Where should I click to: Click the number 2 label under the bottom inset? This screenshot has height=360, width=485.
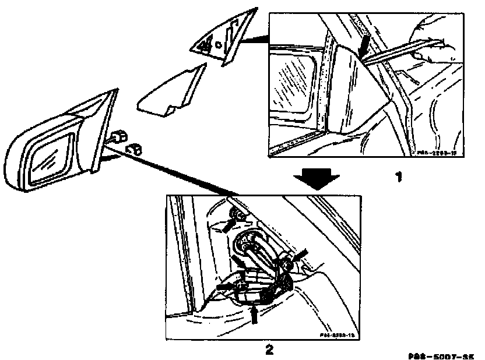269,350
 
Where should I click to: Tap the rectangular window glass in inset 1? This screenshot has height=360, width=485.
296,87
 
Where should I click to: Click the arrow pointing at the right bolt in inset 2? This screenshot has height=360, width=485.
300,256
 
